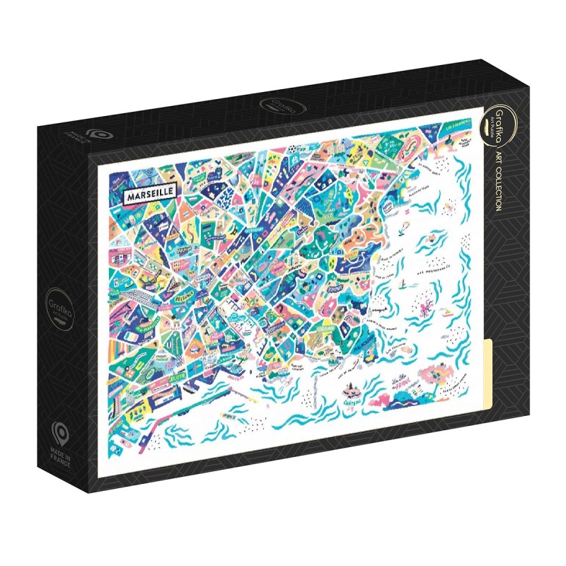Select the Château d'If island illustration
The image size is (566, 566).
pyautogui.click(x=350, y=393)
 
